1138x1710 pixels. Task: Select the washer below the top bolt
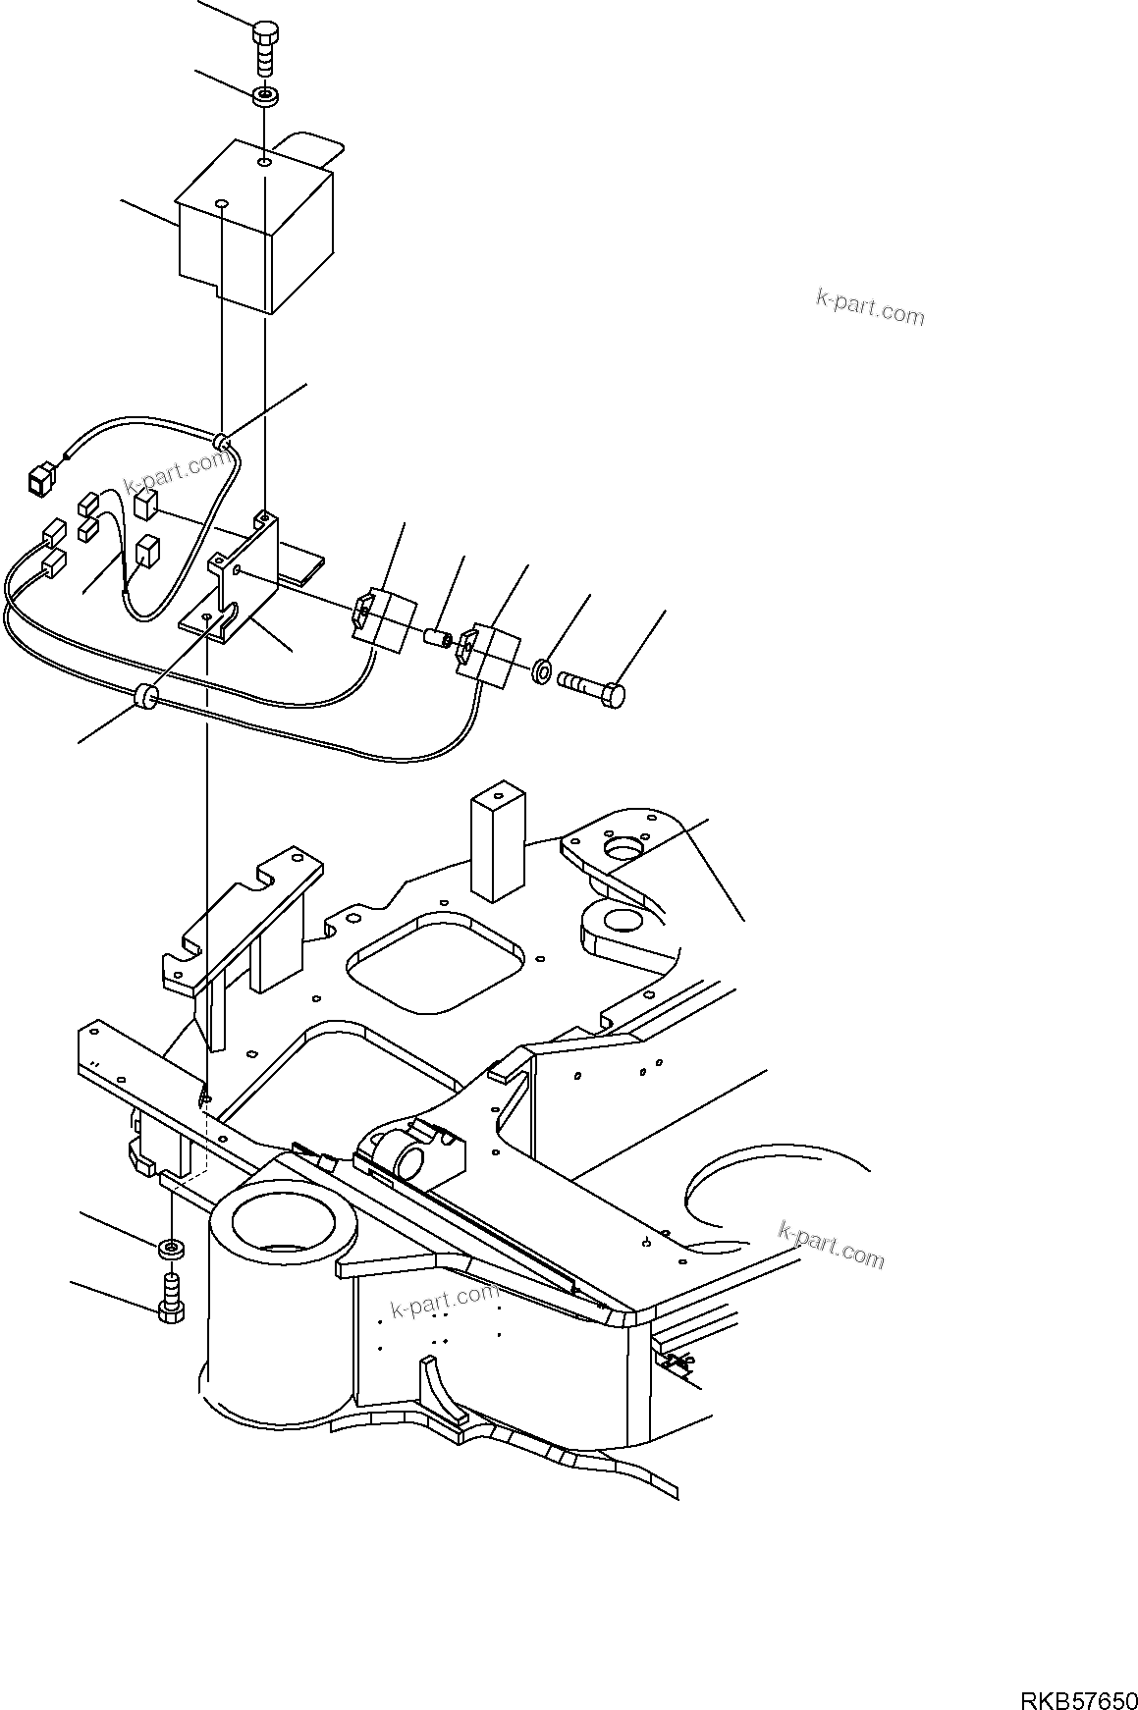(x=266, y=96)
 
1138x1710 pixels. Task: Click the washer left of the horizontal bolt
(x=541, y=673)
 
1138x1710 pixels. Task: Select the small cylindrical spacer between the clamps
(x=437, y=639)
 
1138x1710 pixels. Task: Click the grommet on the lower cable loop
(x=145, y=696)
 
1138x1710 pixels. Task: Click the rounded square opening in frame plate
(x=432, y=962)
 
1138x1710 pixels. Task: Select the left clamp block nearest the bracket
(x=380, y=620)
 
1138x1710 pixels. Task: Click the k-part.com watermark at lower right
(x=832, y=1244)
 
